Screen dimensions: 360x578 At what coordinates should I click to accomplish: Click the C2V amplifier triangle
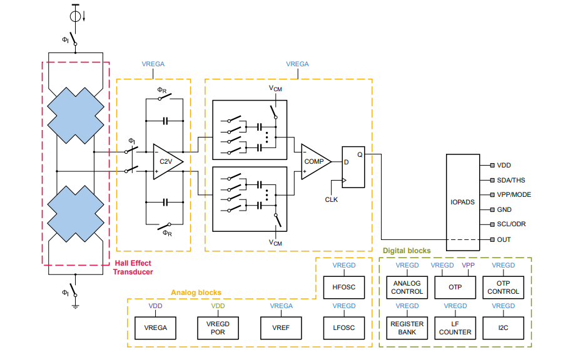pyautogui.click(x=166, y=161)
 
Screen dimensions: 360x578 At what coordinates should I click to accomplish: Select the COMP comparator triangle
pyautogui.click(x=314, y=161)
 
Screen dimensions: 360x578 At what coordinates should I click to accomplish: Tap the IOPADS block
pyautogui.click(x=462, y=202)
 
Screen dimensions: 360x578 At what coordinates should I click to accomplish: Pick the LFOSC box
pyautogui.click(x=344, y=327)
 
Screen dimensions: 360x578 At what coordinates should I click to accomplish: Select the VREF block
pyautogui.click(x=281, y=327)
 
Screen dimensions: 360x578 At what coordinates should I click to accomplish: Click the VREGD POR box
pyautogui.click(x=218, y=327)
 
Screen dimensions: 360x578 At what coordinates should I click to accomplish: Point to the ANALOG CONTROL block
pyautogui.click(x=407, y=287)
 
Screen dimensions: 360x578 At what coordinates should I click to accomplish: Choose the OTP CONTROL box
pyautogui.click(x=503, y=287)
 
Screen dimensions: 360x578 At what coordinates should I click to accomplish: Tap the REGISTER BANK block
pyautogui.click(x=407, y=327)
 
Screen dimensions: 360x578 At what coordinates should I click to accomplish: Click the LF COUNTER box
pyautogui.click(x=455, y=327)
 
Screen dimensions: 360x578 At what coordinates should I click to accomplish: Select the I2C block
pyautogui.click(x=503, y=327)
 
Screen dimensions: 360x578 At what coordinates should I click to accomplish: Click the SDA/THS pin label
pyautogui.click(x=512, y=180)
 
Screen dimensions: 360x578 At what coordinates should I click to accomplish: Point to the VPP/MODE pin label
pyautogui.click(x=514, y=195)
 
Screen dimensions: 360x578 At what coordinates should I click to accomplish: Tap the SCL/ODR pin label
pyautogui.click(x=512, y=225)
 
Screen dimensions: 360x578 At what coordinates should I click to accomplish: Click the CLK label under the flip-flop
pyautogui.click(x=332, y=199)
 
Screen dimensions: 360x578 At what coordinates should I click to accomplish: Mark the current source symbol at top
pyautogui.click(x=76, y=13)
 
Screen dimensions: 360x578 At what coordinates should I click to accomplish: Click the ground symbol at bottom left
pyautogui.click(x=76, y=306)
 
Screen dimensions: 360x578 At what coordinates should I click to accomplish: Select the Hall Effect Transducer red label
pyautogui.click(x=133, y=267)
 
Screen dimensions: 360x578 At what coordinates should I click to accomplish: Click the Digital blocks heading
pyautogui.click(x=407, y=251)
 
